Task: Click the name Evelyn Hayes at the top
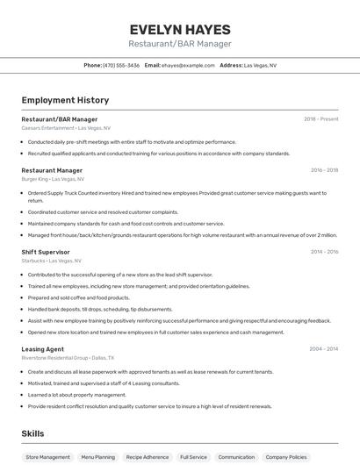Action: (180, 29)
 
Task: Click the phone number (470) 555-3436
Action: (121, 65)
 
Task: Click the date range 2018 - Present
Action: (321, 119)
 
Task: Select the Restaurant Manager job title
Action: (52, 170)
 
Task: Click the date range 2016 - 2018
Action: (324, 170)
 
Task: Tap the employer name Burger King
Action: (35, 179)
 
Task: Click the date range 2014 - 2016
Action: (324, 252)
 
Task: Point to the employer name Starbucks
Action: (33, 261)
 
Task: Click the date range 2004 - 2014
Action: (323, 349)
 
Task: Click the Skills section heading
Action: (32, 433)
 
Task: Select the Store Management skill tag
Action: (47, 457)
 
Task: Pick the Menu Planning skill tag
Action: (97, 457)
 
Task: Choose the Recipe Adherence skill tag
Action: (147, 457)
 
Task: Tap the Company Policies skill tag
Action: (286, 457)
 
